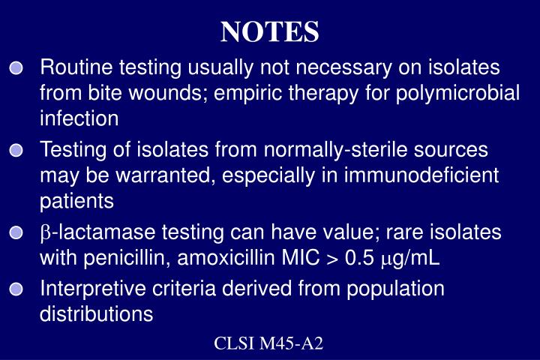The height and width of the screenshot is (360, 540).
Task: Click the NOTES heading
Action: [270, 31]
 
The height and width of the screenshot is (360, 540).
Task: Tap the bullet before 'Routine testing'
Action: [17, 69]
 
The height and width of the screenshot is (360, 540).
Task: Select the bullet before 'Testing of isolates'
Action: [17, 151]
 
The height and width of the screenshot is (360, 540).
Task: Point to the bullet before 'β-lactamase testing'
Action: [17, 234]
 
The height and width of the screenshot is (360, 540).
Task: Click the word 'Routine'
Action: [75, 68]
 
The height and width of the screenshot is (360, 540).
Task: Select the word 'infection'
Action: [79, 118]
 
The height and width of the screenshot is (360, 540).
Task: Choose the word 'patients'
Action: [76, 201]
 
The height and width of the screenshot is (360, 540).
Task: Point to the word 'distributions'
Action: [96, 313]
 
